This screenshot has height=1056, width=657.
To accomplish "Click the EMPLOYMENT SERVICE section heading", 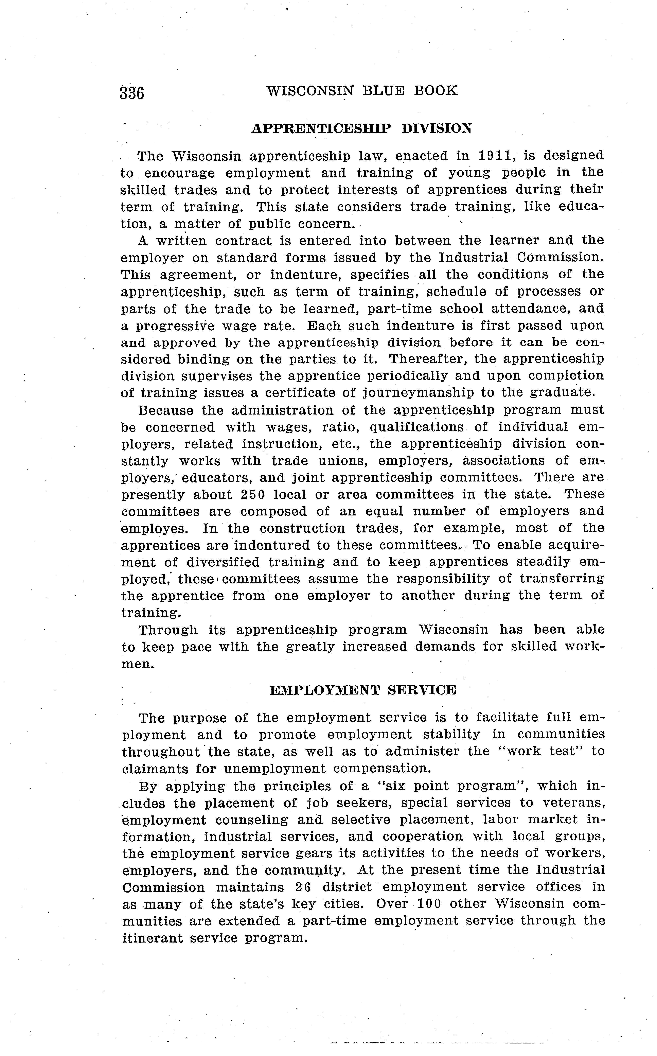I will point(363,690).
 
